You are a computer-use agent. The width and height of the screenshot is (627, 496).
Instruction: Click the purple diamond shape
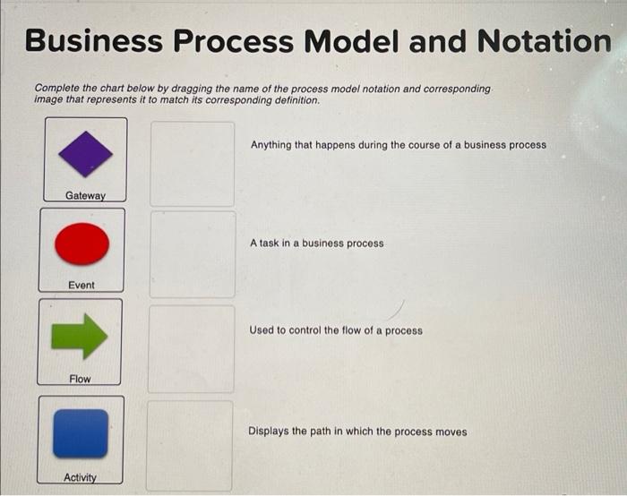(85, 154)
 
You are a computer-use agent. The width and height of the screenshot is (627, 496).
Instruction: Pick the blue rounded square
(81, 432)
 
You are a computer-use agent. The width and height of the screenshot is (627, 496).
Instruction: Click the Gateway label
(85, 195)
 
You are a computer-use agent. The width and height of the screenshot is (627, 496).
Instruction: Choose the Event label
(81, 285)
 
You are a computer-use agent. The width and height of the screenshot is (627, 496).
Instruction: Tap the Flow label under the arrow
(80, 379)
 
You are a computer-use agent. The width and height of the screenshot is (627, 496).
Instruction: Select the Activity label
(80, 477)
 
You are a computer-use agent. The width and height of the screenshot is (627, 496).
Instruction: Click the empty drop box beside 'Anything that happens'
(192, 162)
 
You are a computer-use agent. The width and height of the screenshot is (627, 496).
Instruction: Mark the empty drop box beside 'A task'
(193, 254)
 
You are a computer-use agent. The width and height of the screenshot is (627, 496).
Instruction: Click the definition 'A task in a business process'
(317, 243)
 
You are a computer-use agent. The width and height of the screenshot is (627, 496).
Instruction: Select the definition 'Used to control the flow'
(336, 330)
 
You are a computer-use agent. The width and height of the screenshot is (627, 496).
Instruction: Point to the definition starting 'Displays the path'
(357, 432)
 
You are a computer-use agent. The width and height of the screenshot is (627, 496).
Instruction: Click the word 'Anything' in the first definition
(271, 144)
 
